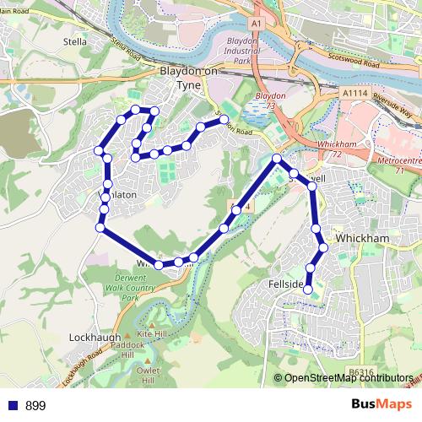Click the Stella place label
coord(75,40)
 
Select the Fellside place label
coord(285,284)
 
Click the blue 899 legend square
coord(13,405)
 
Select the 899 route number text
coord(35,405)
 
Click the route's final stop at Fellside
coord(308,290)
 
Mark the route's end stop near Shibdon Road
coord(225,120)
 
